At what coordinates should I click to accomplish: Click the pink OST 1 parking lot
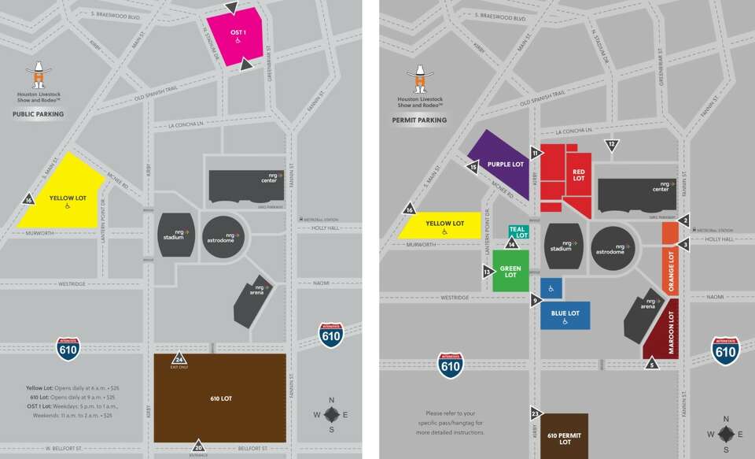point(238,35)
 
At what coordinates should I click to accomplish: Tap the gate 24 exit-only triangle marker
point(179,359)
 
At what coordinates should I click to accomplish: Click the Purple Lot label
point(505,165)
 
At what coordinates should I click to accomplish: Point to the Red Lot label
point(579,175)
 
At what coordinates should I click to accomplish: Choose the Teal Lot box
point(517,231)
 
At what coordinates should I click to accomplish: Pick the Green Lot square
point(511,271)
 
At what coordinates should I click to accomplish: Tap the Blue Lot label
point(565,313)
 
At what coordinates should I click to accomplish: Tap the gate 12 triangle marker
point(612,145)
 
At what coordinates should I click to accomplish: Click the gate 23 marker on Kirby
point(535,413)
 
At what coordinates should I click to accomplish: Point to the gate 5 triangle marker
point(651,364)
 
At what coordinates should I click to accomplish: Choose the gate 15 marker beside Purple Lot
point(473,167)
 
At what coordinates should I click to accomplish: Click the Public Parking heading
point(39,114)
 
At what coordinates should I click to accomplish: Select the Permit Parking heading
point(419,120)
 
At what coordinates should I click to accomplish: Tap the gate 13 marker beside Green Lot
point(488,272)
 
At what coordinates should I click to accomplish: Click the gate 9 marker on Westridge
point(536,300)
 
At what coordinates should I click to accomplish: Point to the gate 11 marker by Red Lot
point(536,153)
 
